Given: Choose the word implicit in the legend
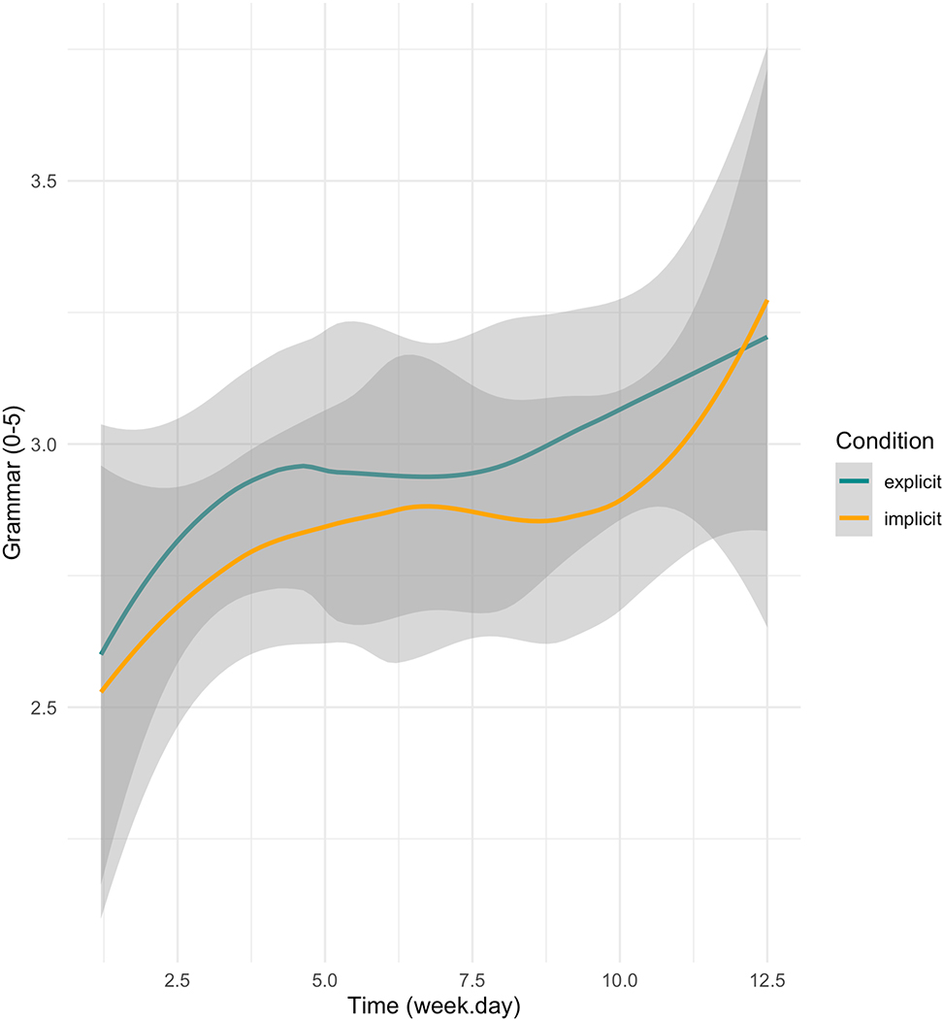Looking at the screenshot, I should tap(912, 519).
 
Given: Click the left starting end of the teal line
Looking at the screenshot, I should tap(101, 653).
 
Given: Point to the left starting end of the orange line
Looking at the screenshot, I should tap(101, 691).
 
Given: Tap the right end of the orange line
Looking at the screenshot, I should tap(767, 301).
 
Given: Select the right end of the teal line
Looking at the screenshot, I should tap(767, 337).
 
